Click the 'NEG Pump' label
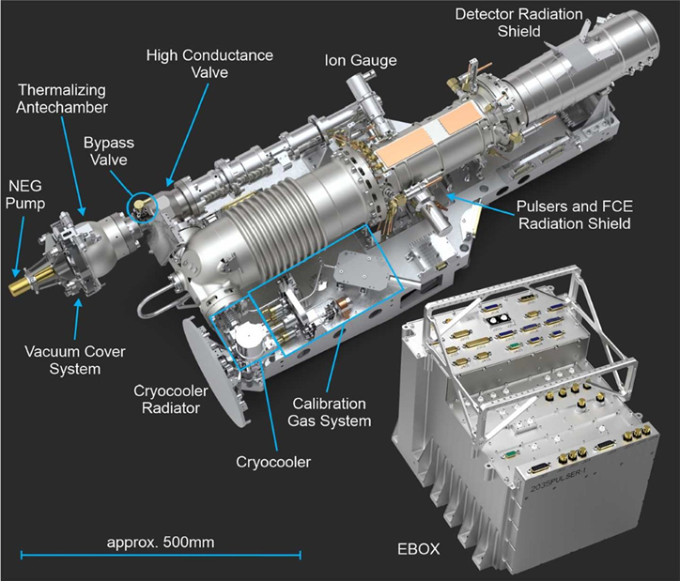pos(26,194)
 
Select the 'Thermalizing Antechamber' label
pos(62,99)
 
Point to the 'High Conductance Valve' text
pos(209,64)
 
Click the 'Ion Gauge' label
pos(361,60)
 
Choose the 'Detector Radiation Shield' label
pos(519,23)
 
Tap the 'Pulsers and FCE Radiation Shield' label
pos(575,215)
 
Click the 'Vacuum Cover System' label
pos(75,360)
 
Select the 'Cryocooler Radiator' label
pos(171,399)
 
